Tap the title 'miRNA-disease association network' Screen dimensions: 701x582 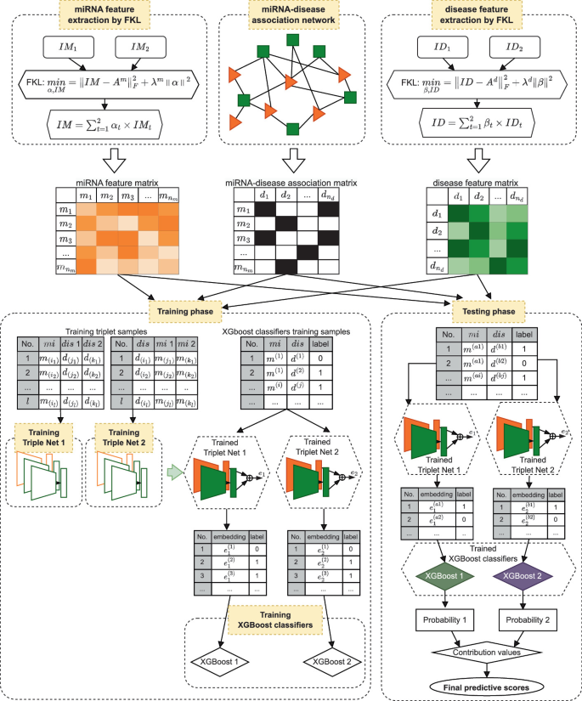[x=291, y=20]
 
